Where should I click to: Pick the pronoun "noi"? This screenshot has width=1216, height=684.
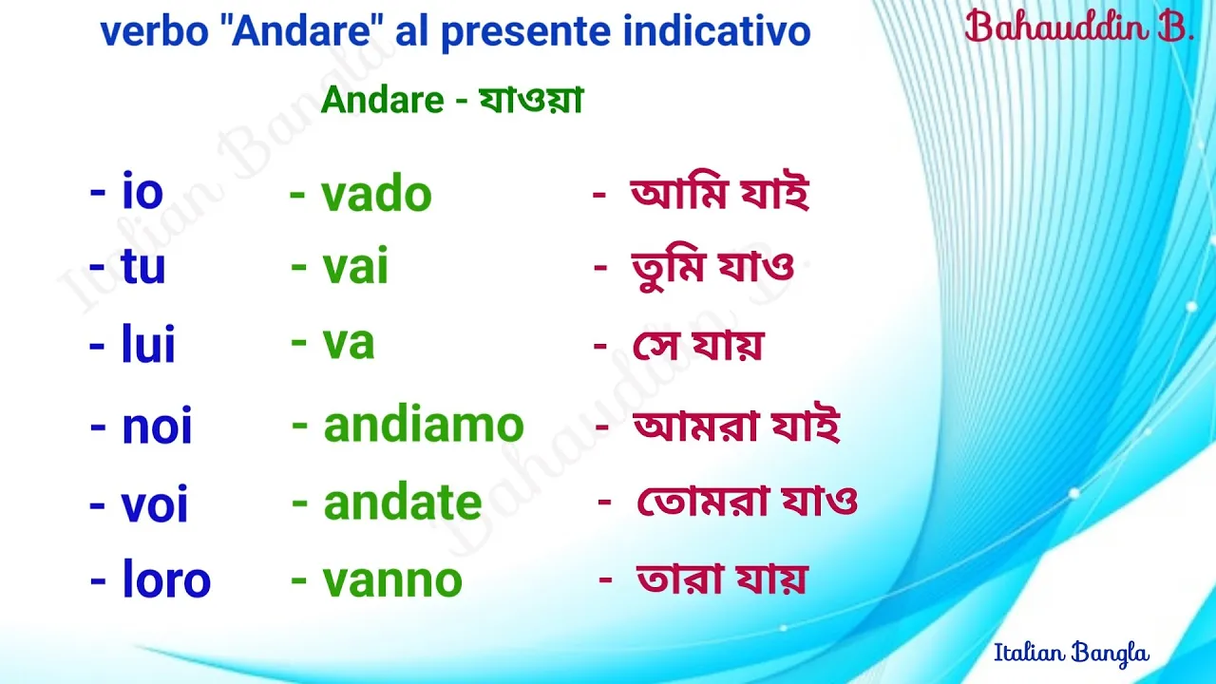point(157,426)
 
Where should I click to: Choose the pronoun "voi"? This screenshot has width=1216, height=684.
point(154,503)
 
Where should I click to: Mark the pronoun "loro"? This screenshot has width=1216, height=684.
point(166,579)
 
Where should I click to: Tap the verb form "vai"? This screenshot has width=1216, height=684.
point(355,265)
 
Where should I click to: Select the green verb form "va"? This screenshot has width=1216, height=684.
point(349,343)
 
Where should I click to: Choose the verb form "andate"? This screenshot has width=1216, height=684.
point(403,503)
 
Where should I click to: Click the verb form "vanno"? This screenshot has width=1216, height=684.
point(392,579)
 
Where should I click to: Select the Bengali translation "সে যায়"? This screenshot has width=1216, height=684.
point(698,344)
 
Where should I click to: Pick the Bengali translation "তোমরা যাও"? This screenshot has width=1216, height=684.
point(747,501)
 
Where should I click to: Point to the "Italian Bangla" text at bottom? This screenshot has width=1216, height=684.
point(1072,653)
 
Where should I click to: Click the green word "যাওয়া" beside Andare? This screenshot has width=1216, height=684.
point(531,100)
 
